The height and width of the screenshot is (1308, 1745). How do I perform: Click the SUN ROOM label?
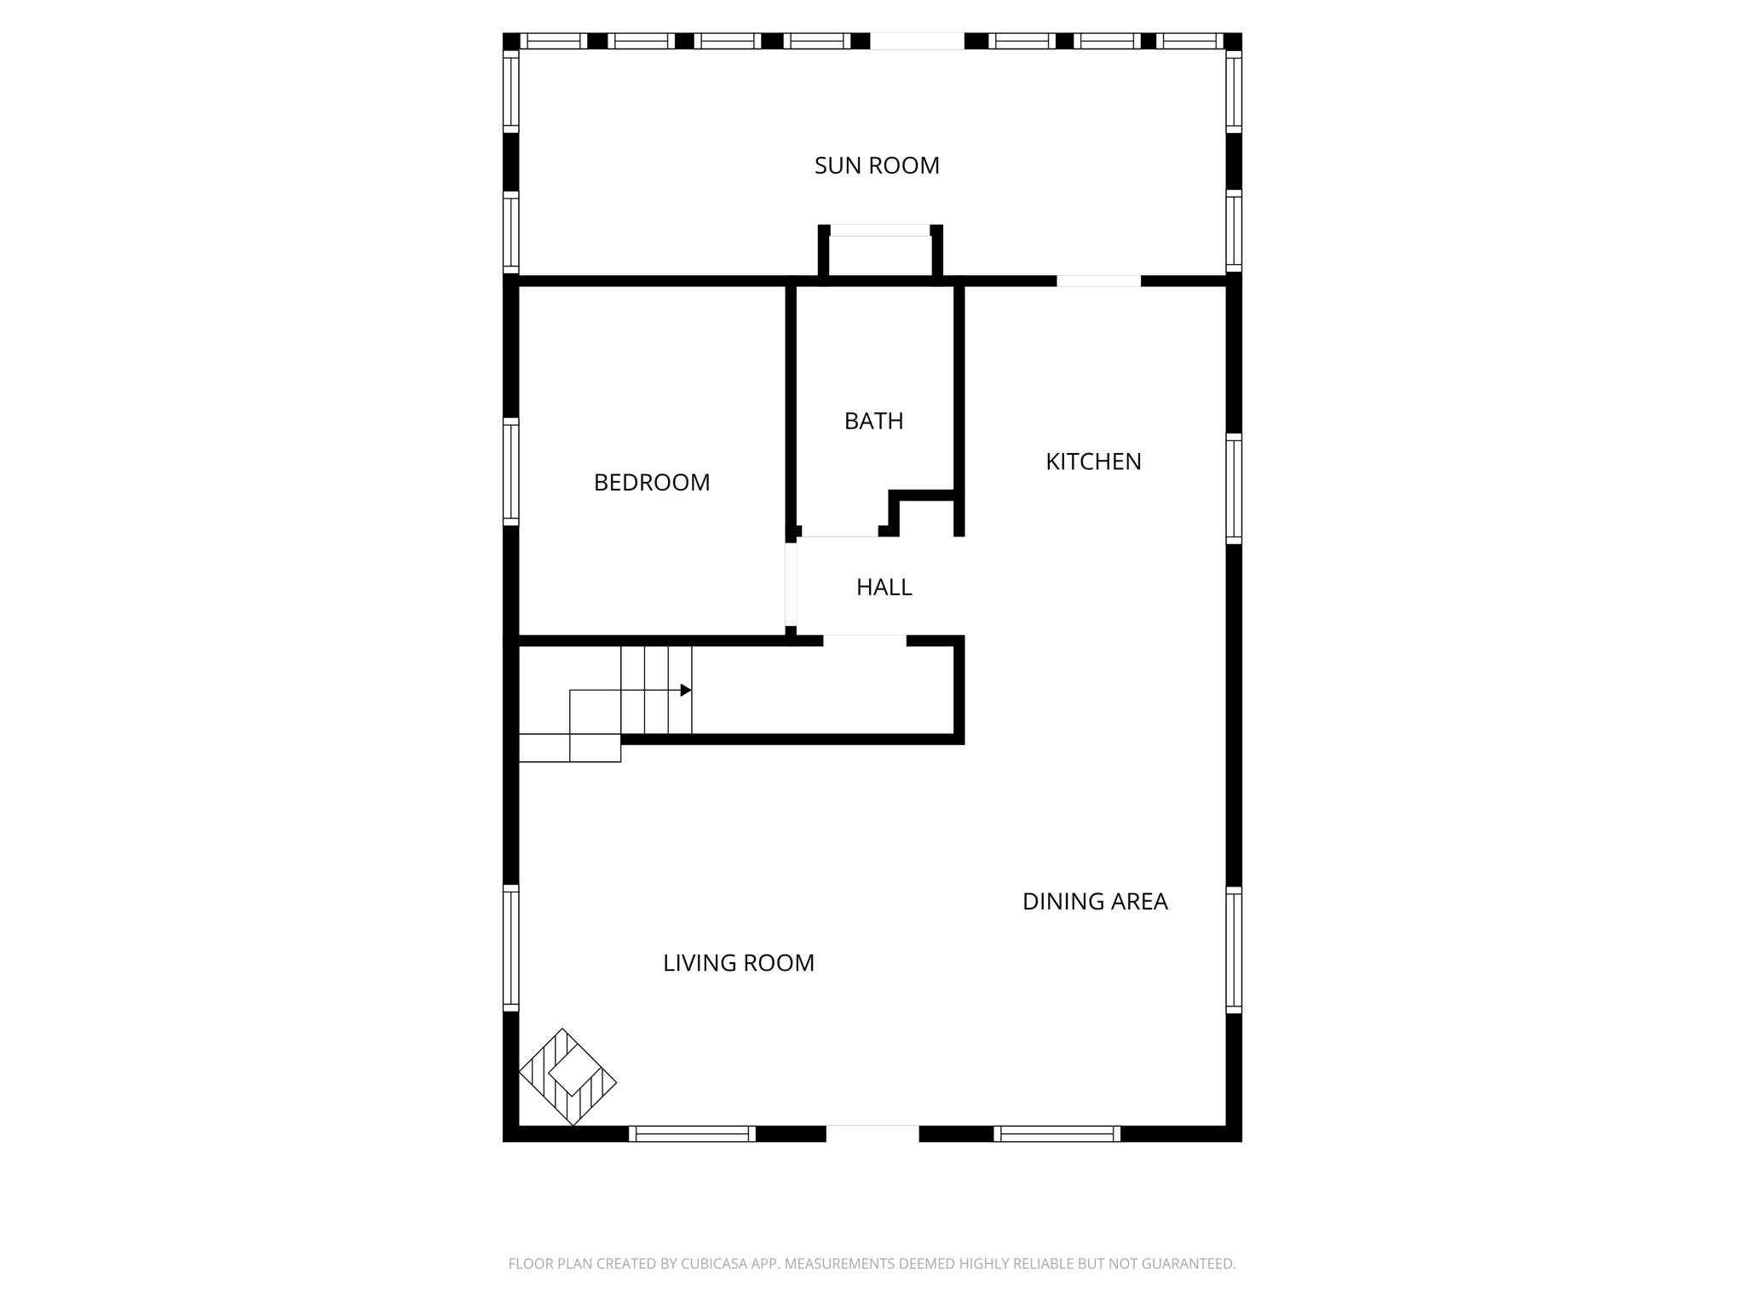[x=877, y=165]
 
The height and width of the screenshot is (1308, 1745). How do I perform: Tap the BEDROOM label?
[x=652, y=483]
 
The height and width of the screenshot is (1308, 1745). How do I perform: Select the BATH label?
[x=873, y=421]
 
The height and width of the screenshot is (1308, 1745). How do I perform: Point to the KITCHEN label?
[x=1093, y=462]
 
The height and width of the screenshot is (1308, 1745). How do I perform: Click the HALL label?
[x=884, y=587]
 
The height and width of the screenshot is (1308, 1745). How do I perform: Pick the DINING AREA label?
[x=1095, y=901]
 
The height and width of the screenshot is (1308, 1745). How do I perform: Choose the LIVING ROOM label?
[x=739, y=963]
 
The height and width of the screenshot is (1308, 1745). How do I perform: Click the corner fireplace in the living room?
[x=567, y=1076]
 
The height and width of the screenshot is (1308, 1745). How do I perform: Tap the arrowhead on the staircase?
[x=686, y=690]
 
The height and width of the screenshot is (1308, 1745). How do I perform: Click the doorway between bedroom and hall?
[x=791, y=585]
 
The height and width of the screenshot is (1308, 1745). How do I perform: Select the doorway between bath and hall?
[x=839, y=531]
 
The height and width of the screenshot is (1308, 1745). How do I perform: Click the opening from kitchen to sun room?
[x=1098, y=281]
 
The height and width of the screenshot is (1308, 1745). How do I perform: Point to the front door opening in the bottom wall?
[x=872, y=1133]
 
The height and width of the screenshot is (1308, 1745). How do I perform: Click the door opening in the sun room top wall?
[x=917, y=41]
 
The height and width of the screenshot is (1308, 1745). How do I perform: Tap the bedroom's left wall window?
[x=510, y=471]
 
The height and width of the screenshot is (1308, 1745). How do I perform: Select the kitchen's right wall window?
[x=1234, y=488]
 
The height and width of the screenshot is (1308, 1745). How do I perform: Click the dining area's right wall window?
[x=1234, y=949]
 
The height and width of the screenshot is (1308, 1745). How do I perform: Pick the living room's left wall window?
[x=510, y=947]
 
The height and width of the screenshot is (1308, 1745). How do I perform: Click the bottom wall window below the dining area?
[x=1057, y=1133]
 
